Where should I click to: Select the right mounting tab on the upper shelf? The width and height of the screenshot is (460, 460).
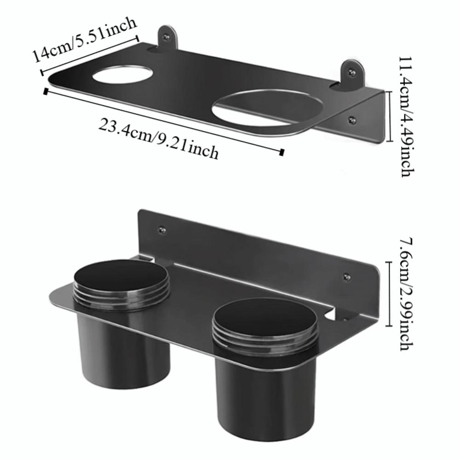click(x=352, y=72)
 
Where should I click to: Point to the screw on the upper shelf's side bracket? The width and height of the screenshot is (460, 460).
click(x=352, y=120)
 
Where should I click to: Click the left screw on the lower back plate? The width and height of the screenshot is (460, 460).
click(x=162, y=230)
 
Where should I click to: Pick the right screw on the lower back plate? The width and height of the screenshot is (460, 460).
click(x=347, y=276)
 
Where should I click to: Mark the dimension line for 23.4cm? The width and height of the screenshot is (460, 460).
click(x=163, y=121)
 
